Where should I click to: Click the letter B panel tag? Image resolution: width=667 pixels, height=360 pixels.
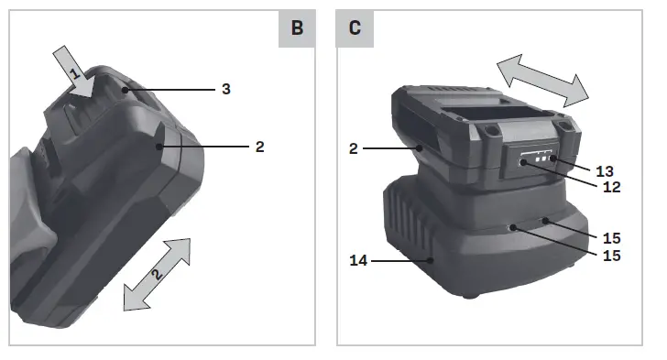point(297,28)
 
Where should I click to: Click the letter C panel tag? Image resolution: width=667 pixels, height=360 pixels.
point(355,28)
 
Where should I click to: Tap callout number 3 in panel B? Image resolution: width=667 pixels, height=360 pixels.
point(226,89)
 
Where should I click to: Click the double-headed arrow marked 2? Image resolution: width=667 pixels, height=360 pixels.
point(157,275)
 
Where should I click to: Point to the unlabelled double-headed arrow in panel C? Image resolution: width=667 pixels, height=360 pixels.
point(542,81)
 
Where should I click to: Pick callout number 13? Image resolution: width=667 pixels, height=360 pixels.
point(605,171)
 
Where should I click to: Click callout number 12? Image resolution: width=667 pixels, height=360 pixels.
point(612,187)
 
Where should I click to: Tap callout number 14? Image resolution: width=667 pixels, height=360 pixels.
point(358,260)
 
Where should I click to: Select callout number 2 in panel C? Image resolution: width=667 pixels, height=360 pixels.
point(353,148)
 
